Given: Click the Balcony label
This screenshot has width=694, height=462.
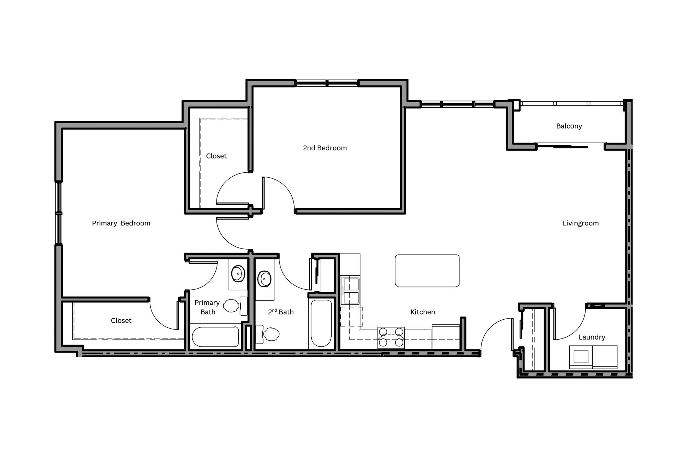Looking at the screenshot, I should coord(569,126).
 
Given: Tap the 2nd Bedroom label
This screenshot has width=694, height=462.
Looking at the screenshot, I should coord(325,148).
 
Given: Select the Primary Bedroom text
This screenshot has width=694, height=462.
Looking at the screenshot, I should coord(121,223).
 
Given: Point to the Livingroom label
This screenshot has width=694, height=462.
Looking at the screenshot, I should coord(581,223).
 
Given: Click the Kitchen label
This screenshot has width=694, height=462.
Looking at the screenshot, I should coord(423,312).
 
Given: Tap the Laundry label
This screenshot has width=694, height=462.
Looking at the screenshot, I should coord(592,337).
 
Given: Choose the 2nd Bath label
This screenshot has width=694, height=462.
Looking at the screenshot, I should coord(281,312).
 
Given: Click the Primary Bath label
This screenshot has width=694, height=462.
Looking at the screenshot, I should coord(207,307).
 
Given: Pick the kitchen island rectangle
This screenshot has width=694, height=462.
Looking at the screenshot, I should coord(427,271).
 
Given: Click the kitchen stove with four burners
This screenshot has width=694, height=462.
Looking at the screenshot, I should coord(391,337).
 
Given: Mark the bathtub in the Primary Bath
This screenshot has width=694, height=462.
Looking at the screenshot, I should coord(215,337).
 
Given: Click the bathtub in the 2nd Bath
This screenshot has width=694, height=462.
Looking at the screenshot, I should coord(321,323).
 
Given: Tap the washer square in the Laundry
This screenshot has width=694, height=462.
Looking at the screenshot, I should coord(581,357).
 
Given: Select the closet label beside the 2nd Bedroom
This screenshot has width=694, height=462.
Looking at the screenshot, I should coord(216,156).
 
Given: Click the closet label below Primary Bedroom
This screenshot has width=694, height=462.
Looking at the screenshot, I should coord(121,320).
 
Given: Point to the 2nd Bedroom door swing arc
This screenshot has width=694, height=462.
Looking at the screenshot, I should coord(287,191).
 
